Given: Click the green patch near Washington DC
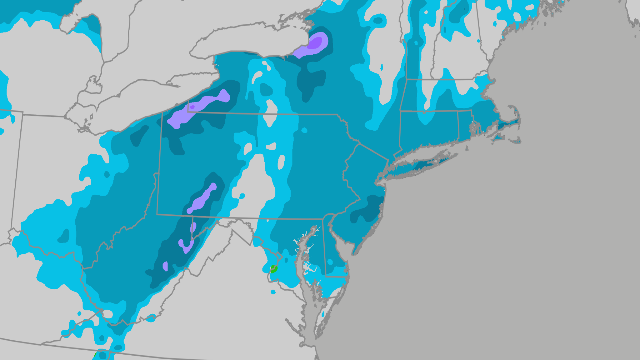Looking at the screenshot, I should tap(274, 269).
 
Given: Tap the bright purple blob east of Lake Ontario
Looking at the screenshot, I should tap(316, 42).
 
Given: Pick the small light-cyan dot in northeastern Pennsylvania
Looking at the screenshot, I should tap(304, 130).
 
